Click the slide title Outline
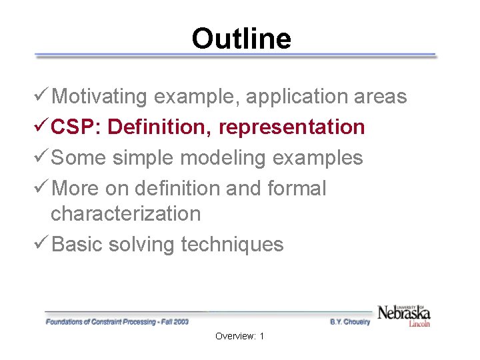pyautogui.click(x=241, y=39)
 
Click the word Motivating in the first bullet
pyautogui.click(x=99, y=97)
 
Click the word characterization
pyautogui.click(x=125, y=214)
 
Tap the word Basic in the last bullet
pyautogui.click(x=77, y=245)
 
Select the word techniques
pyautogui.click(x=233, y=245)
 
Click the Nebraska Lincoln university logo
pyautogui.click(x=404, y=314)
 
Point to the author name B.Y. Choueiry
pyautogui.click(x=350, y=322)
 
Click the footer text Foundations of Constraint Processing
pyautogui.click(x=117, y=322)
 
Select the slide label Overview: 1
pyautogui.click(x=240, y=337)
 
